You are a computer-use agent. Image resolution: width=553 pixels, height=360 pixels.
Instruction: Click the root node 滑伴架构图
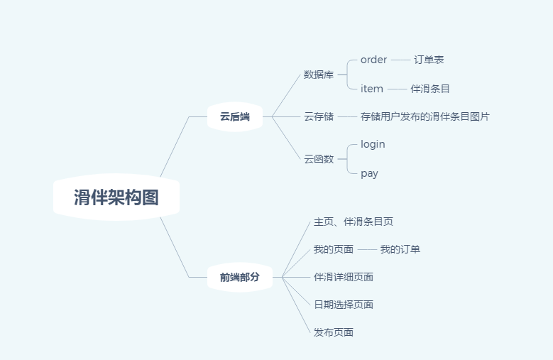point(116,197)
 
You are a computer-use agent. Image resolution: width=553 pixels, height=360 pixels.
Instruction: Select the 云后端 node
point(234,116)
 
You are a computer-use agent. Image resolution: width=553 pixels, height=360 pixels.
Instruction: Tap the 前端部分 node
point(239,277)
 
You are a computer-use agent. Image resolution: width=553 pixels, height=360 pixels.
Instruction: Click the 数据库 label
point(319,75)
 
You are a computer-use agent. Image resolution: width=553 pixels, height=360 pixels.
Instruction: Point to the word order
point(373,60)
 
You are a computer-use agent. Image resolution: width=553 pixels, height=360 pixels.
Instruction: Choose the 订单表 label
point(429,60)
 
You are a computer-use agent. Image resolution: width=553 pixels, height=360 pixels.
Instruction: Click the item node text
point(372,89)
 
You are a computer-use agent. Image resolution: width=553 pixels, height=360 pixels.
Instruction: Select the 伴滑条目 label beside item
point(429,89)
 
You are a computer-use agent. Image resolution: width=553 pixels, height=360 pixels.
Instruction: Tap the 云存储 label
point(319,116)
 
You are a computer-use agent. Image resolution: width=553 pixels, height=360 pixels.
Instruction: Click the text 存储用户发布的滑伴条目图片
point(425,116)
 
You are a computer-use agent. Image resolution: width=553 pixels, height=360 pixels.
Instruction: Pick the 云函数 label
point(319,159)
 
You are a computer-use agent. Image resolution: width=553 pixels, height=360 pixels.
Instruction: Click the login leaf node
point(373,144)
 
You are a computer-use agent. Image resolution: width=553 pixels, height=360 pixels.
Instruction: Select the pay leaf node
point(369,173)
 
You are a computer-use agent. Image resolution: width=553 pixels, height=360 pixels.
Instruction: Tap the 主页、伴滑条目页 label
point(354,222)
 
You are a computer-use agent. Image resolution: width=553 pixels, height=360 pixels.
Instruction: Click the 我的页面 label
point(334,249)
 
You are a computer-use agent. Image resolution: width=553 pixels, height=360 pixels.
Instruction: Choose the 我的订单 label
point(400,249)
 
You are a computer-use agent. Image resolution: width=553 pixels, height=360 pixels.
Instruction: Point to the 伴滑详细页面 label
point(344,277)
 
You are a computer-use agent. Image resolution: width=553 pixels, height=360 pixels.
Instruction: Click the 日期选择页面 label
point(344,305)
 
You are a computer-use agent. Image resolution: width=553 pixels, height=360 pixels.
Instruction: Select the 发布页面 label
point(334,332)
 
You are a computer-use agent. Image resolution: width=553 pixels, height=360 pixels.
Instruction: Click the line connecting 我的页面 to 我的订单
point(367,249)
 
